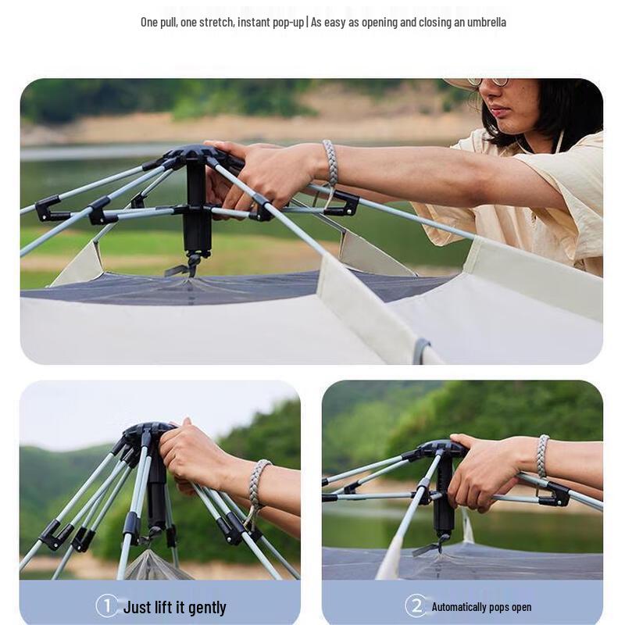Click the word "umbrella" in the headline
tap(484, 22)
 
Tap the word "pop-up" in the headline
tap(287, 22)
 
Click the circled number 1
tap(107, 606)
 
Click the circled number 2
tap(416, 606)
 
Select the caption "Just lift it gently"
tap(174, 607)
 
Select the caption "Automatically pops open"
tap(481, 607)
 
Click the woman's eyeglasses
tap(488, 81)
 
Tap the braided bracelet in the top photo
tap(330, 162)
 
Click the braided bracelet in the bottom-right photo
tap(542, 456)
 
